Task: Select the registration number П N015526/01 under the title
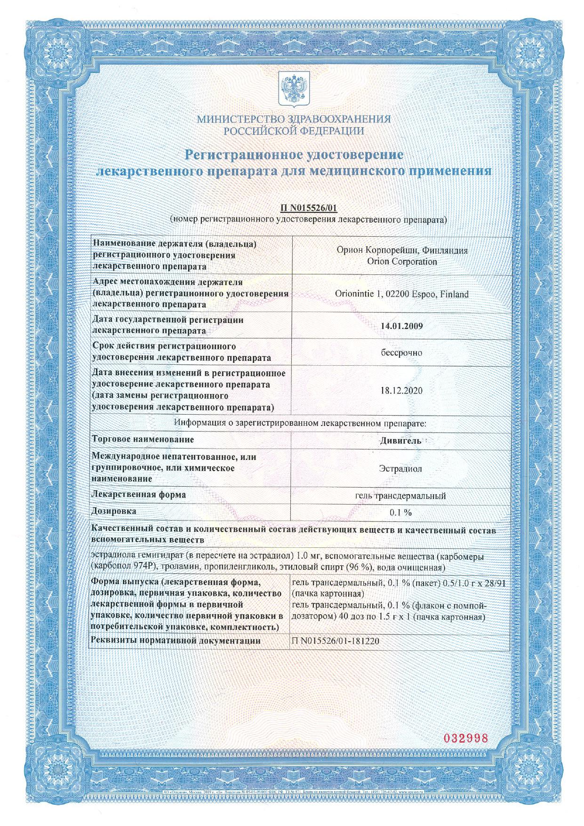click(309, 208)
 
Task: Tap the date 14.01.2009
click(401, 325)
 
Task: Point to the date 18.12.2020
click(401, 391)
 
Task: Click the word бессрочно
click(401, 353)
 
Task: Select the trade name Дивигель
click(400, 441)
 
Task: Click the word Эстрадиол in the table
click(400, 469)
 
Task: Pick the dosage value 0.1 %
click(400, 512)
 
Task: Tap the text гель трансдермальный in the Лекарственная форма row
click(400, 496)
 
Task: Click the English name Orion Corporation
click(401, 262)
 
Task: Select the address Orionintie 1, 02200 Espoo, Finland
click(401, 294)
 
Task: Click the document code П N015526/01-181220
click(336, 641)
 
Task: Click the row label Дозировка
click(114, 511)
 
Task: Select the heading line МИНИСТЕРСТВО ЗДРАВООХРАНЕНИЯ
click(294, 119)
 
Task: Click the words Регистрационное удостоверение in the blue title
click(294, 154)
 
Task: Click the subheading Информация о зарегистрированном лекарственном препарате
click(300, 423)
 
